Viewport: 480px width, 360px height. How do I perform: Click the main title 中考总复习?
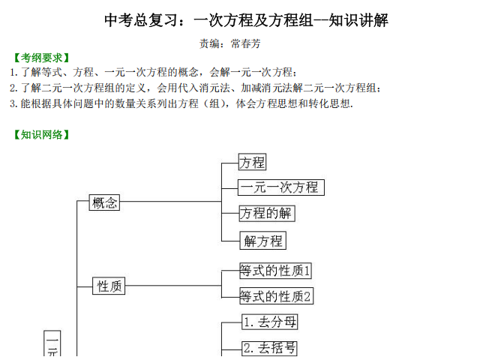141,20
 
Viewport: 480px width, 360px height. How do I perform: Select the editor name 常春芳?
245,43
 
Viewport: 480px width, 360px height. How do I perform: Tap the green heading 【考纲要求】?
41,58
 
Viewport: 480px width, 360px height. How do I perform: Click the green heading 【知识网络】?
41,135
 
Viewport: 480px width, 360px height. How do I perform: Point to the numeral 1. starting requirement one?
13,73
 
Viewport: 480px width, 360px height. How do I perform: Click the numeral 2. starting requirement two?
13,88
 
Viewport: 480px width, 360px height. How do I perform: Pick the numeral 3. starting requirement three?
13,103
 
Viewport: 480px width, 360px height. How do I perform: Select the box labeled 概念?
104,202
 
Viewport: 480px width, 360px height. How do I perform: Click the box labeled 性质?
109,286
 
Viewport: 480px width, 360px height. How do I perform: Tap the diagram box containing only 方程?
252,162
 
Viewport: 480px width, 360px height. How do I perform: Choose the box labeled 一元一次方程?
281,187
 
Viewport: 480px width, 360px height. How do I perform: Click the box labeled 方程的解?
267,213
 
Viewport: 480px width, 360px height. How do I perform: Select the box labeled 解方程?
263,241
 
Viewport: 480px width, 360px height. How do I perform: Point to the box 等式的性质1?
275,271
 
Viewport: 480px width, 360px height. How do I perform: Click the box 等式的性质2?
277,296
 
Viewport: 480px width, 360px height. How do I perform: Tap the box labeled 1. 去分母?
270,322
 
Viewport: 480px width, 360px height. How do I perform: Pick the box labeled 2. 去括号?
270,348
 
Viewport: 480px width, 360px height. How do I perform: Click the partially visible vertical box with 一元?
52,343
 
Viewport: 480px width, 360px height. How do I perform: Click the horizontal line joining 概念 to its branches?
170,202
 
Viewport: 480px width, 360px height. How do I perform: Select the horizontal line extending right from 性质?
173,286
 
